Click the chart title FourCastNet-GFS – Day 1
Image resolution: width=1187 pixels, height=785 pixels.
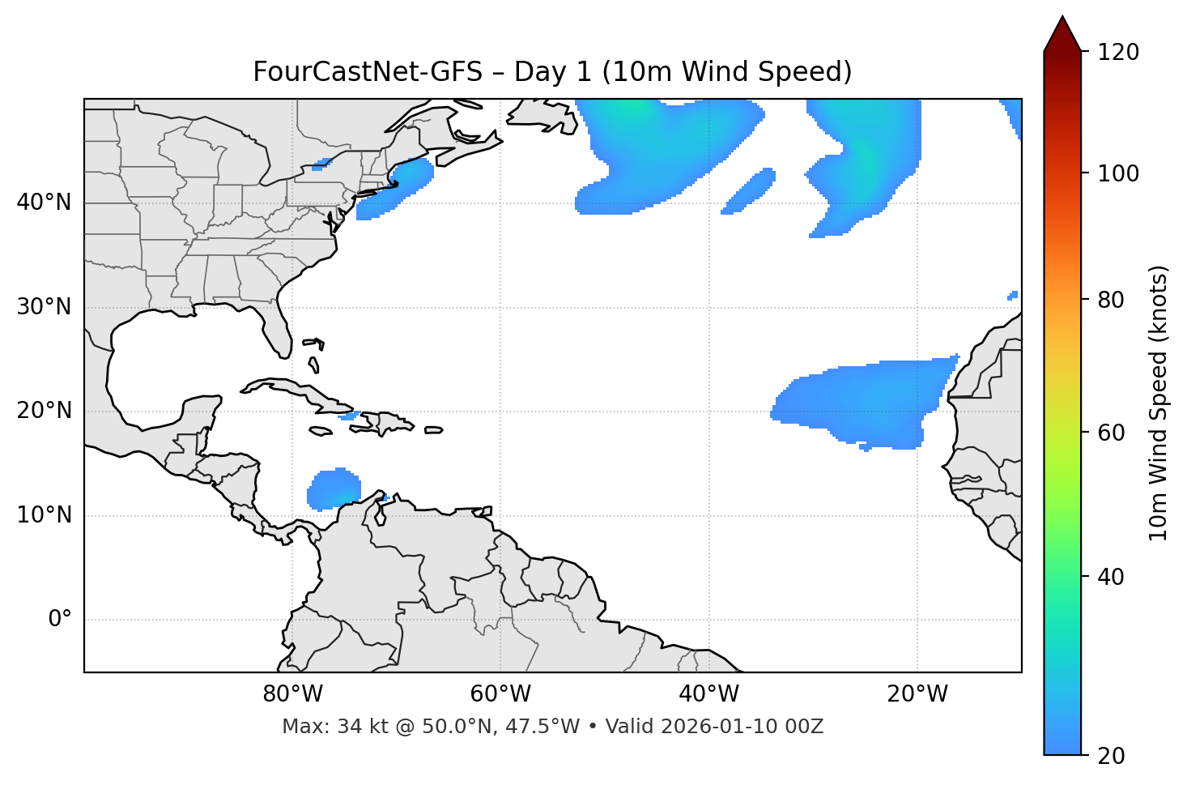(x=552, y=72)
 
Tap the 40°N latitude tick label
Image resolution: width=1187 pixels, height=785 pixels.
(x=44, y=203)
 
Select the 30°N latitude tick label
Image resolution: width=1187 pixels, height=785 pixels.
(x=44, y=307)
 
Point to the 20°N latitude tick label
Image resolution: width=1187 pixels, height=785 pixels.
(x=44, y=411)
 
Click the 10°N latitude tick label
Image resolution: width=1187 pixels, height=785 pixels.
(x=44, y=515)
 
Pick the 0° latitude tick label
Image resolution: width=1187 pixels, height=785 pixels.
(x=59, y=620)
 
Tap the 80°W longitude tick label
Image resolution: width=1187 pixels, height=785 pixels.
(x=292, y=694)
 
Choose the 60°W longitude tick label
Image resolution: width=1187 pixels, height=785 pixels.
(x=500, y=694)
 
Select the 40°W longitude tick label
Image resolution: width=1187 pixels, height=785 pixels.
(x=708, y=694)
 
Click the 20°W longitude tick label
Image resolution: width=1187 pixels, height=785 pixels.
(x=917, y=694)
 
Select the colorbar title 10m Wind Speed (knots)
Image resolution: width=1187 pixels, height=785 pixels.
(x=1159, y=403)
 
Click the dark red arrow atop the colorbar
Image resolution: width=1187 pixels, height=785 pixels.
(x=1062, y=34)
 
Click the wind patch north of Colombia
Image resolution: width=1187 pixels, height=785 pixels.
(x=334, y=488)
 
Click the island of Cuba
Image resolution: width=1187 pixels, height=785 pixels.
(x=300, y=391)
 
